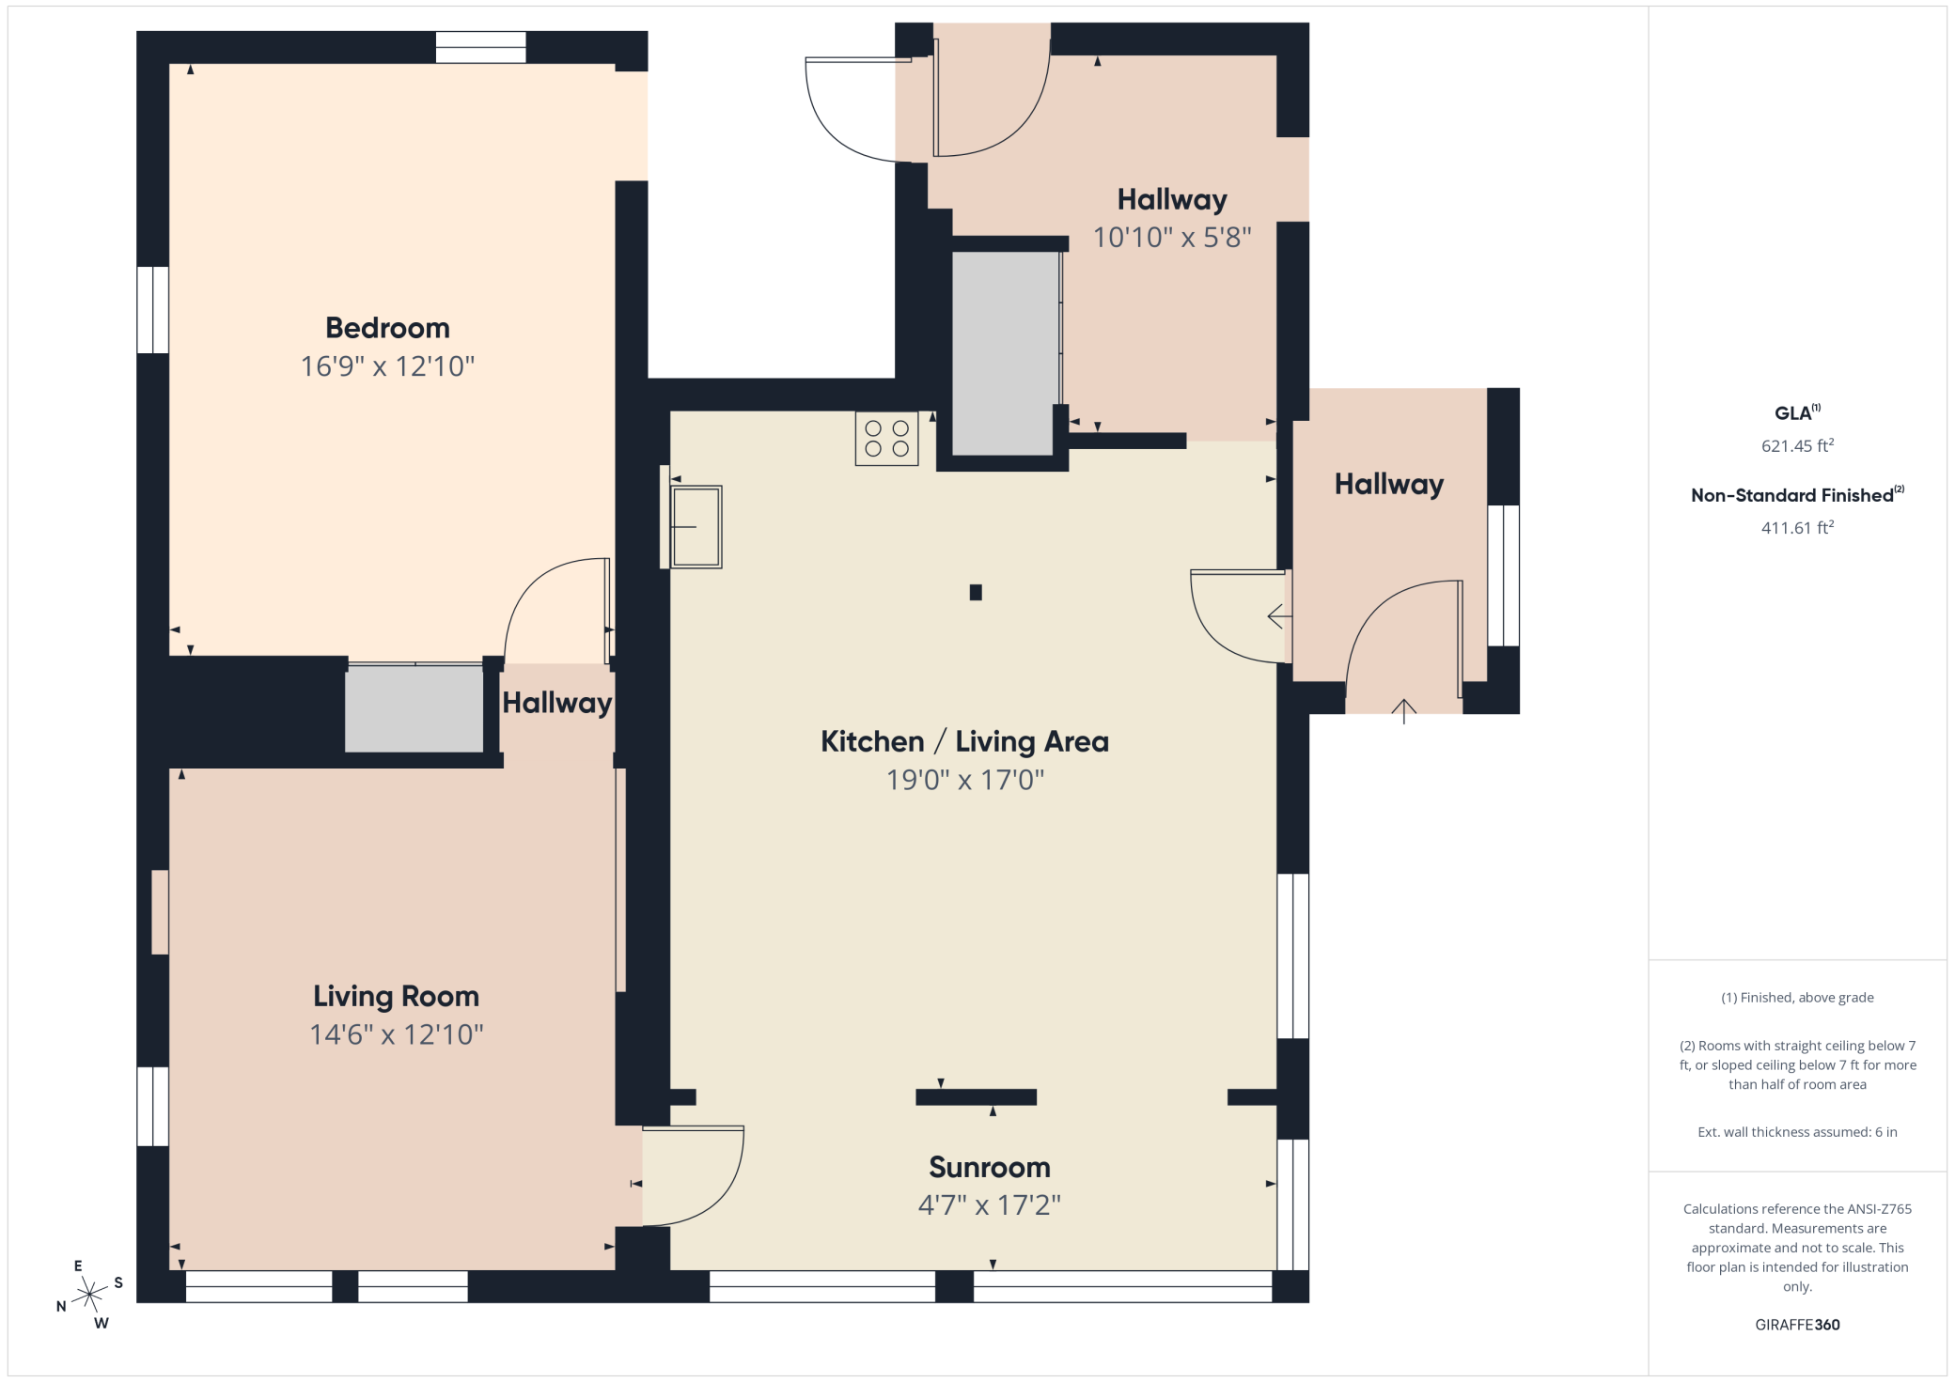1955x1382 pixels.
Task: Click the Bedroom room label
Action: click(x=387, y=328)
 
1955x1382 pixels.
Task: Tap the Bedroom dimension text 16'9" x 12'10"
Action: click(x=387, y=366)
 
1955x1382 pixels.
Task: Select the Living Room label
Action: click(x=396, y=996)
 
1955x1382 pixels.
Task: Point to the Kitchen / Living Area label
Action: click(x=964, y=741)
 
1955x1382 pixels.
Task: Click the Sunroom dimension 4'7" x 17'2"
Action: click(x=989, y=1205)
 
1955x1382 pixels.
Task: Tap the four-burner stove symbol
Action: click(x=886, y=439)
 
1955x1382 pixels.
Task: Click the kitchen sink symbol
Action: click(x=696, y=527)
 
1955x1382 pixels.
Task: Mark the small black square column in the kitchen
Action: click(x=976, y=592)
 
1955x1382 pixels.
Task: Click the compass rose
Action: click(x=89, y=1296)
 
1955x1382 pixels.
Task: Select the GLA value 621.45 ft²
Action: click(x=1797, y=445)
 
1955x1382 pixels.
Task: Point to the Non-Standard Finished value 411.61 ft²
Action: click(x=1797, y=527)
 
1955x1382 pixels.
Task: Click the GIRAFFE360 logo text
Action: click(x=1797, y=1325)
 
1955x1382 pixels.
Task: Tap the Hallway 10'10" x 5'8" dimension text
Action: click(x=1172, y=238)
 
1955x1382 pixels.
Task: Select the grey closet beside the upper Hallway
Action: click(x=1004, y=353)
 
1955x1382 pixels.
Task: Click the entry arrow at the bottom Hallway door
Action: click(x=1403, y=711)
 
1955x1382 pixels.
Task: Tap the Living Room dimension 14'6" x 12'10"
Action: click(x=396, y=1034)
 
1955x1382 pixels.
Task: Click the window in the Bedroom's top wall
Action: click(x=480, y=47)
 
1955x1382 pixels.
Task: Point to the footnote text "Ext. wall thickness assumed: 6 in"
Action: click(x=1797, y=1132)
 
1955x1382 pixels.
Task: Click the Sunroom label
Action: click(x=989, y=1167)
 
